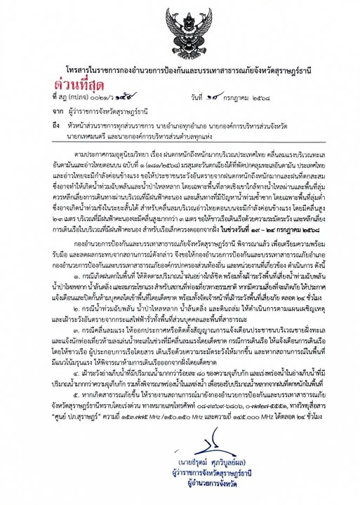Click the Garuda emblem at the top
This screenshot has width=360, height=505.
pyautogui.click(x=179, y=29)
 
